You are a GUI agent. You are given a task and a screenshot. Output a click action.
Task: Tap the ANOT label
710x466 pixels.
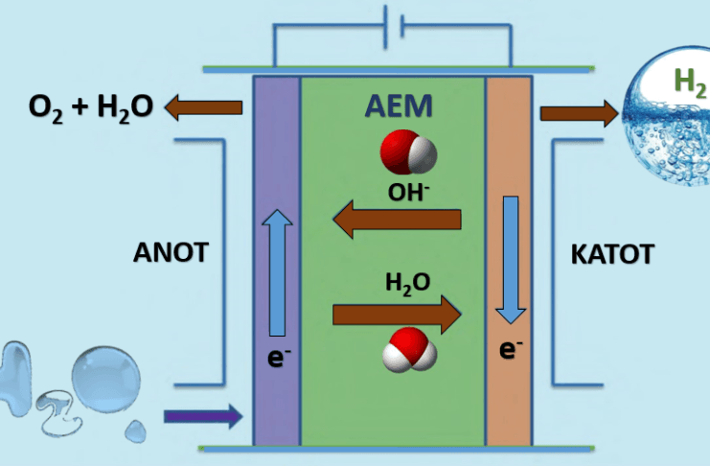(171, 253)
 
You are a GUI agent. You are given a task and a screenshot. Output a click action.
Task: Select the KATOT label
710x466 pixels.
(611, 254)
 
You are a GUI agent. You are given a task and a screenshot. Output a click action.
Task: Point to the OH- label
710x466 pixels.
(408, 191)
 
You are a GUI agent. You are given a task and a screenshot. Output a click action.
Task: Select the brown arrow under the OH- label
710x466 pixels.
(397, 221)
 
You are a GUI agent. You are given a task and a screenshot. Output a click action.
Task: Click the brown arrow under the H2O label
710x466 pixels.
(397, 313)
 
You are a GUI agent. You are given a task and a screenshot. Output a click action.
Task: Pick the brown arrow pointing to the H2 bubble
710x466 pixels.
(579, 114)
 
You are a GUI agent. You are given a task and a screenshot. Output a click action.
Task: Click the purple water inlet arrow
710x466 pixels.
(202, 416)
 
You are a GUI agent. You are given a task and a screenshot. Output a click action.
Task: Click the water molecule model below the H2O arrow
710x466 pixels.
(410, 351)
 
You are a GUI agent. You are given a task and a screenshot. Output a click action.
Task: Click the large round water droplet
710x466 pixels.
(106, 376)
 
